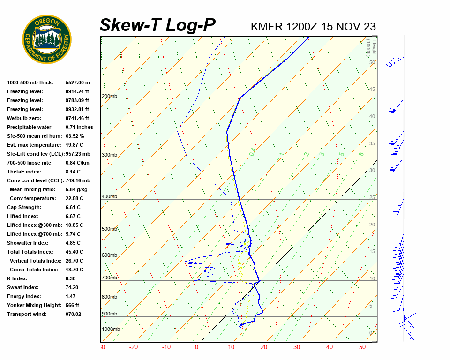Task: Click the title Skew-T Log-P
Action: click(x=157, y=25)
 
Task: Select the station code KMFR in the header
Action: click(x=267, y=27)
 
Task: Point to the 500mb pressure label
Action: click(x=109, y=229)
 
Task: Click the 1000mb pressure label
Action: click(x=111, y=330)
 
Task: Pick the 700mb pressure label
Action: click(x=109, y=278)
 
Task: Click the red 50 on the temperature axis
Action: click(x=362, y=347)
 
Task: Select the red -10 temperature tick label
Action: click(x=166, y=347)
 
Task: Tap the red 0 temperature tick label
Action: click(x=197, y=347)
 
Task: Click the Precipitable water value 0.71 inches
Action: click(x=79, y=127)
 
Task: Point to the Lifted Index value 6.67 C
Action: click(x=73, y=216)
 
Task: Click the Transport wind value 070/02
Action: click(x=74, y=314)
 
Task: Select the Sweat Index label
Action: click(x=23, y=287)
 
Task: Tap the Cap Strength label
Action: click(x=24, y=207)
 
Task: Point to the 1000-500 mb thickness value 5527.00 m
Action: click(x=77, y=82)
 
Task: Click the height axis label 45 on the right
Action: click(x=372, y=90)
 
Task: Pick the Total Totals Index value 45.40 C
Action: click(x=75, y=252)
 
